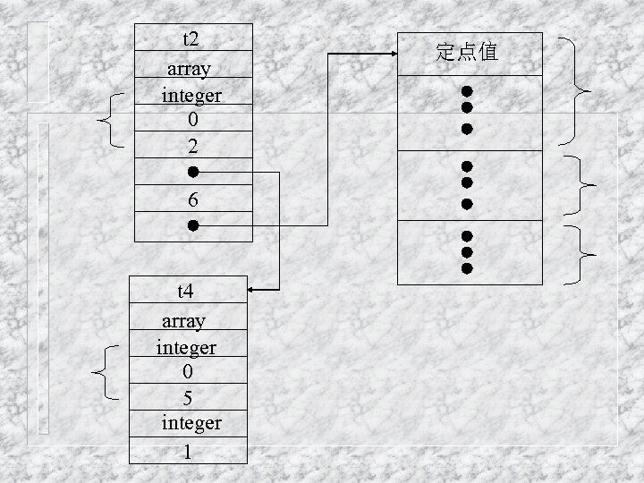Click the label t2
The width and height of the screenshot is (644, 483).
(x=191, y=38)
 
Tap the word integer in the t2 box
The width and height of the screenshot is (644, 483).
(x=191, y=94)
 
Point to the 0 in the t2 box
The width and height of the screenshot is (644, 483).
(x=192, y=118)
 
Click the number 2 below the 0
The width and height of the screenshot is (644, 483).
(x=192, y=144)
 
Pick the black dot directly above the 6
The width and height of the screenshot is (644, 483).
(x=192, y=171)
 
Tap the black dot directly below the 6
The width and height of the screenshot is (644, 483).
(x=192, y=226)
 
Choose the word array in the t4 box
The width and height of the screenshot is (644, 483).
(x=183, y=320)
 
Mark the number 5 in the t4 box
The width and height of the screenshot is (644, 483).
(x=187, y=396)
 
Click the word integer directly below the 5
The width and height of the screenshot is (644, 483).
(x=191, y=421)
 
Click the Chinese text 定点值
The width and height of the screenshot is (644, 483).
(x=467, y=53)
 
